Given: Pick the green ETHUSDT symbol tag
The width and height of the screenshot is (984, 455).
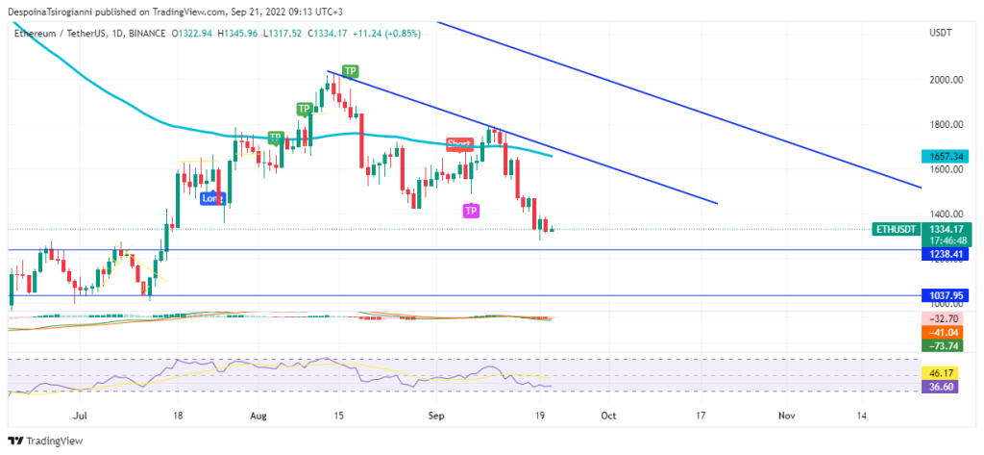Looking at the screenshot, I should [896, 229].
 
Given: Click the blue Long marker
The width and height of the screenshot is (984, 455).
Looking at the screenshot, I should [211, 198].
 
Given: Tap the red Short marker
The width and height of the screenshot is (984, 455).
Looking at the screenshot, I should [459, 143].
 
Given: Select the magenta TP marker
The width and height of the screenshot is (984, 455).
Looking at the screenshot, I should [471, 210].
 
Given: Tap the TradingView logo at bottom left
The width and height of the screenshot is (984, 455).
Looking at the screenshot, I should [45, 442].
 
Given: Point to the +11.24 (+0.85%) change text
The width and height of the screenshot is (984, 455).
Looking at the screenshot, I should [381, 33].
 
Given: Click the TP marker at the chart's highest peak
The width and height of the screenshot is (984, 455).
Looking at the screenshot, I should [351, 71].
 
